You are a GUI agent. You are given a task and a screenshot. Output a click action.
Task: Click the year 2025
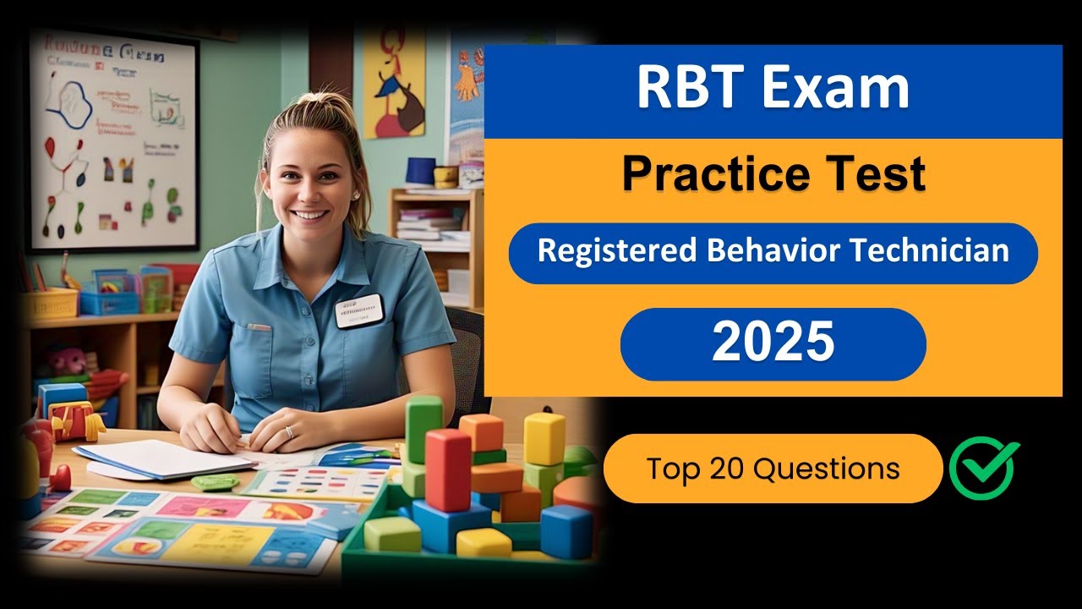(773, 343)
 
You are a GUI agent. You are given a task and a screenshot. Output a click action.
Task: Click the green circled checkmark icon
(984, 468)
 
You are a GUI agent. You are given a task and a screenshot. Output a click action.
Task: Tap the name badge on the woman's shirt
(358, 310)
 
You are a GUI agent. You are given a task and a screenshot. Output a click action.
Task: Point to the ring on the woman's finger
(288, 432)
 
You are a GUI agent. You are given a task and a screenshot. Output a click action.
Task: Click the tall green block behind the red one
(424, 428)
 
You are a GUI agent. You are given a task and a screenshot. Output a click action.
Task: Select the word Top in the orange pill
(672, 469)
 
